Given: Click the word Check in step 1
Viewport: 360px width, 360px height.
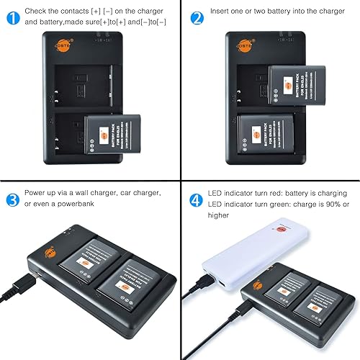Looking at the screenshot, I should coord(40,12).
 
